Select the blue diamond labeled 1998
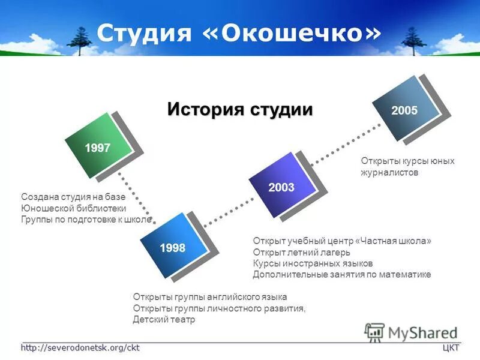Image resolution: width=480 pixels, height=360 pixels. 172,247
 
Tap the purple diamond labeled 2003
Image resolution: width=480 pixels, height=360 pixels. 281,187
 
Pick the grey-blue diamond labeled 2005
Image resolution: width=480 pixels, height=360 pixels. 404,110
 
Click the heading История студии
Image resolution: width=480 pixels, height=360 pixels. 240,109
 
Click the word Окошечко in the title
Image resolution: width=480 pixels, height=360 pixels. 294,33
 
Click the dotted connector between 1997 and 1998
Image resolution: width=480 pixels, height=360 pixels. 136,199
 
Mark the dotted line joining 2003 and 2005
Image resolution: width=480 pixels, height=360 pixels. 344,142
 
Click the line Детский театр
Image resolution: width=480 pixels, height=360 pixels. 164,320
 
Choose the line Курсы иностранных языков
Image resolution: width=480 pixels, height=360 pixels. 313,263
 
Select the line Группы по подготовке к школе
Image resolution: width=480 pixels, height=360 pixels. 86,220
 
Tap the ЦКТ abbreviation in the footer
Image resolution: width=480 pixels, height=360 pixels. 451,348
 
